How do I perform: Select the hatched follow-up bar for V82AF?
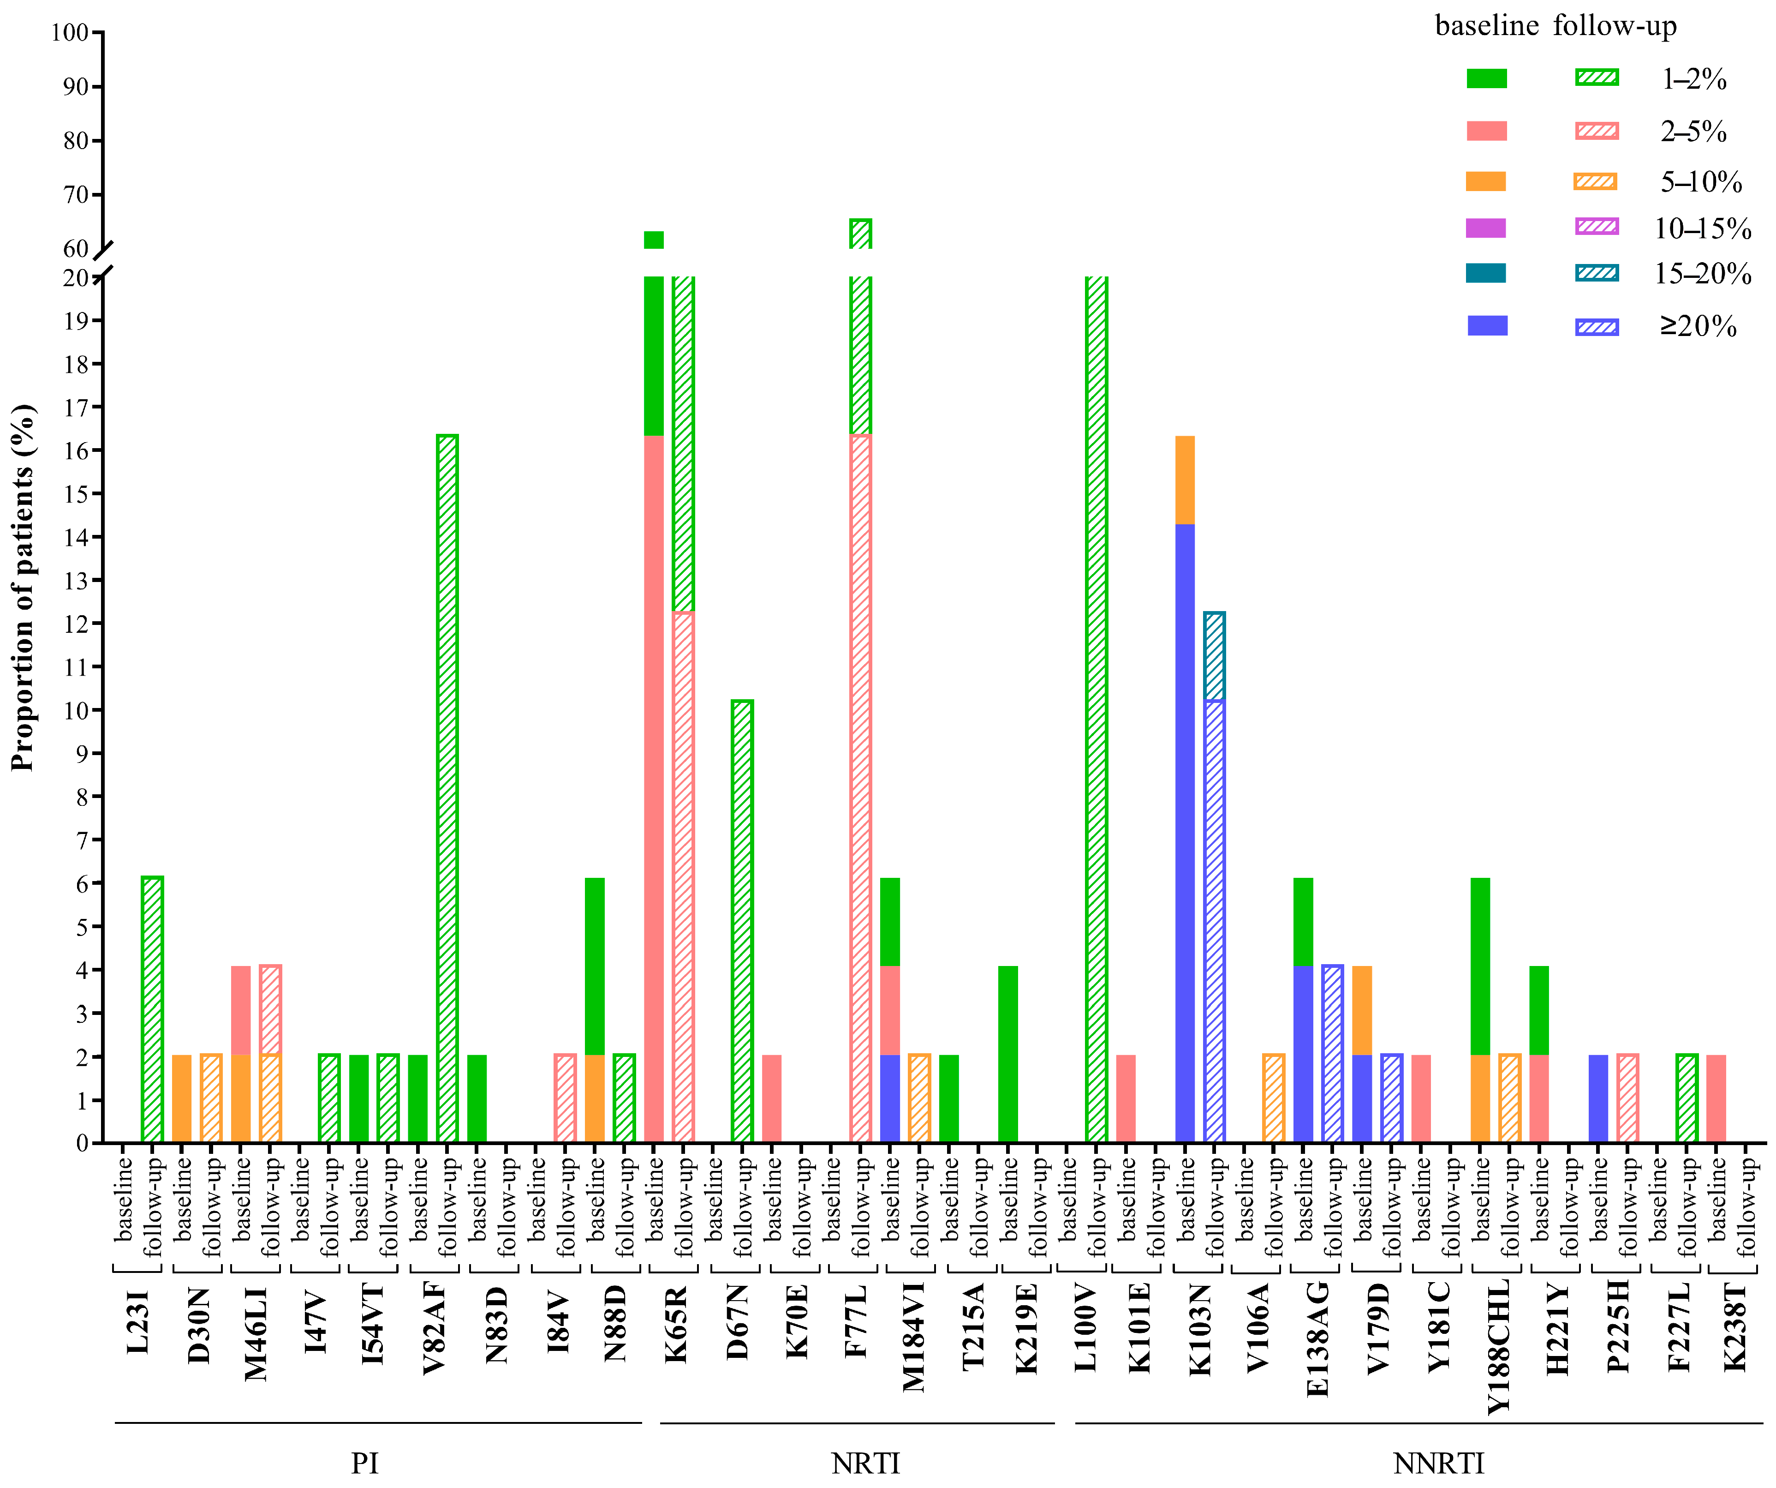[x=447, y=787]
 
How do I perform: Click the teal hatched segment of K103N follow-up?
[x=1215, y=655]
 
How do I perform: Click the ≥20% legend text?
[x=1698, y=326]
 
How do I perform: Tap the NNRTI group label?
[x=1438, y=1463]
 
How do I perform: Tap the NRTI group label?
[x=865, y=1463]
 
